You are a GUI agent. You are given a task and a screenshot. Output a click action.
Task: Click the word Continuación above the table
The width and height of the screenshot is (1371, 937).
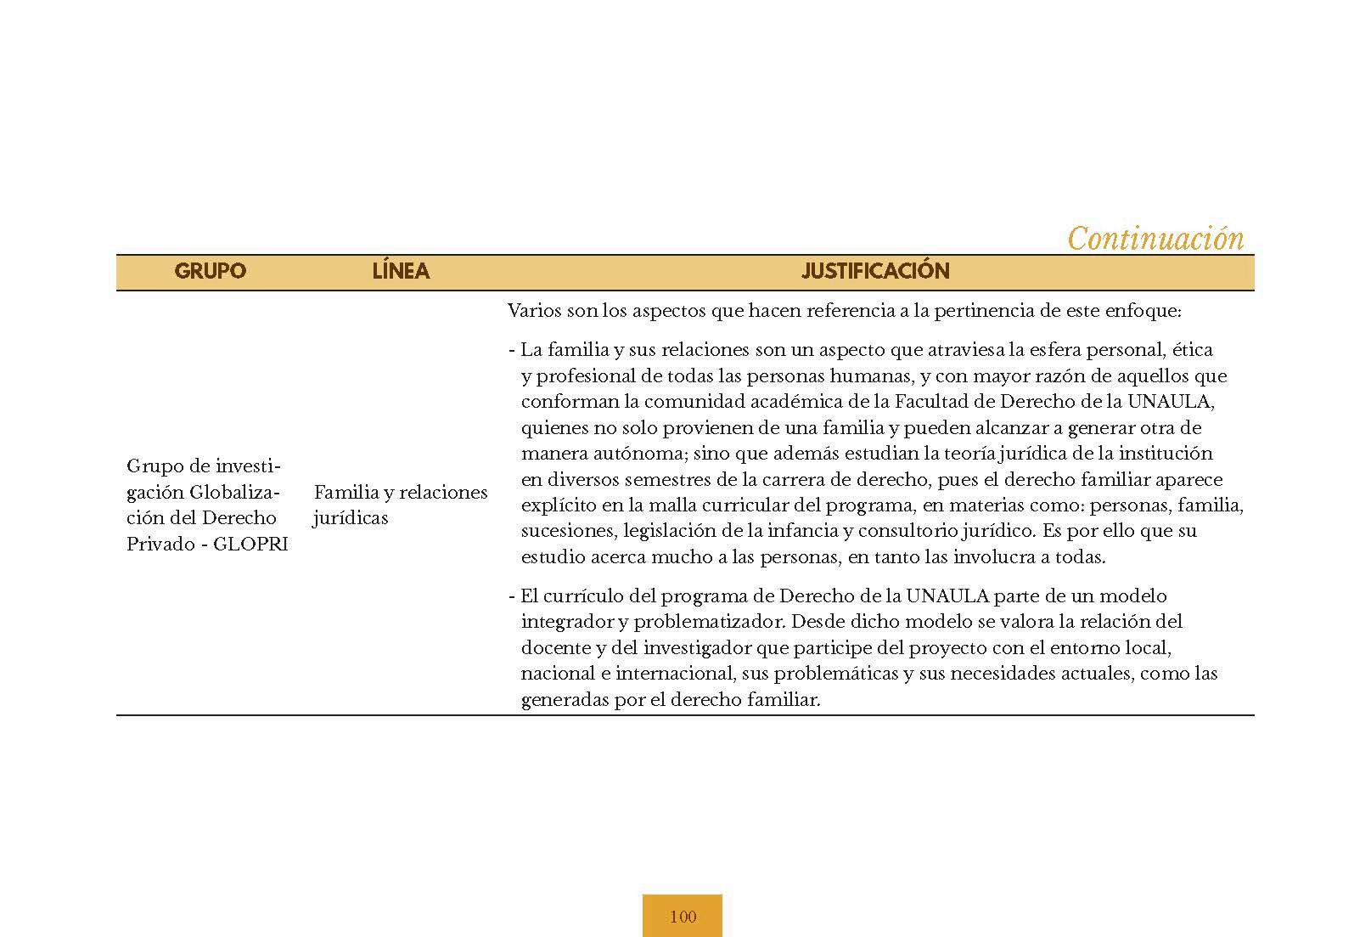point(1155,239)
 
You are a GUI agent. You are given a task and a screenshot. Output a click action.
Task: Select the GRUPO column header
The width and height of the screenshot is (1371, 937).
point(210,271)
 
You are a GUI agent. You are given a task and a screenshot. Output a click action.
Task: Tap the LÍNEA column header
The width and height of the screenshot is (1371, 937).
point(401,271)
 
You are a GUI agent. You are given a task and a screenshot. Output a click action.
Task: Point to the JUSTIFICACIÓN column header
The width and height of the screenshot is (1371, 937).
point(875,271)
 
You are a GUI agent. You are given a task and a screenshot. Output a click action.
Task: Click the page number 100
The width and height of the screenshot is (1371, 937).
point(683,917)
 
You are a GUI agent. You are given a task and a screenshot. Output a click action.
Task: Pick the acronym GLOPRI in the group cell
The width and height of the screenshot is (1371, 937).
point(250,545)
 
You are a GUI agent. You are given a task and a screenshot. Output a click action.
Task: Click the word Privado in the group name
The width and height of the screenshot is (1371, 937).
point(159,545)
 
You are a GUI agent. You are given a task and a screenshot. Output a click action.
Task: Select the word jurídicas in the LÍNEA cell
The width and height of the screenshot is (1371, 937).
point(351,518)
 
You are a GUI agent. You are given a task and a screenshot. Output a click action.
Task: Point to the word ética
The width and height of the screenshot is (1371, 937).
point(1194,349)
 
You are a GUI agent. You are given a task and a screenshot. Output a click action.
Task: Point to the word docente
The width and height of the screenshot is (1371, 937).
point(556,648)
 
